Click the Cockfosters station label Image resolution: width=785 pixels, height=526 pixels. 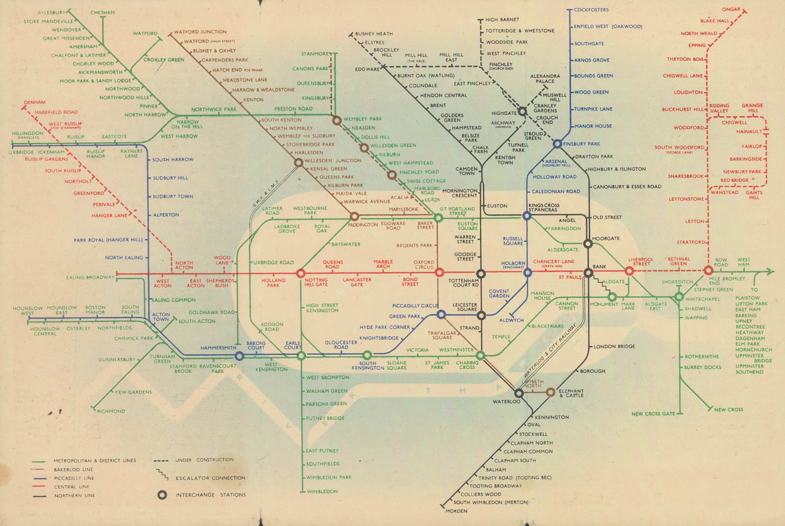point(591,10)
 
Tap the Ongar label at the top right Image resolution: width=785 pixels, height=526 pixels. point(731,9)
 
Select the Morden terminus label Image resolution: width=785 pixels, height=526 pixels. point(456,511)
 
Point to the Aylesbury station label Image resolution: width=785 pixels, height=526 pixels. point(51,13)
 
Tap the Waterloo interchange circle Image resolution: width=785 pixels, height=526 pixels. point(519,393)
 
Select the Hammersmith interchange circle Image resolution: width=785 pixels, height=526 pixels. point(239,356)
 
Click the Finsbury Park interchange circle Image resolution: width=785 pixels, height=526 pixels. point(557,144)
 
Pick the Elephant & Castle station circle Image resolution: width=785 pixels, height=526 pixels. point(550,392)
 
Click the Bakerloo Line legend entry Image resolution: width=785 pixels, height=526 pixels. point(73,470)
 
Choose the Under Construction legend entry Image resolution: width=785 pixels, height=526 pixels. point(204,460)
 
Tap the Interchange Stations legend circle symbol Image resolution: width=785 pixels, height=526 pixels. point(162,495)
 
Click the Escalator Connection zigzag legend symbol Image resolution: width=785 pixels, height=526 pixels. point(162,475)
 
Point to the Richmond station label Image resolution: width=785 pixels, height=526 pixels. point(111,411)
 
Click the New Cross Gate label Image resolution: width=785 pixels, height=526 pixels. point(653,414)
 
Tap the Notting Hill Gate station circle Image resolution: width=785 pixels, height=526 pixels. point(301,273)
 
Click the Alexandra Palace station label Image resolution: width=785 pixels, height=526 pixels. point(545,79)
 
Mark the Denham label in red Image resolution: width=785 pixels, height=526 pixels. point(34,103)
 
